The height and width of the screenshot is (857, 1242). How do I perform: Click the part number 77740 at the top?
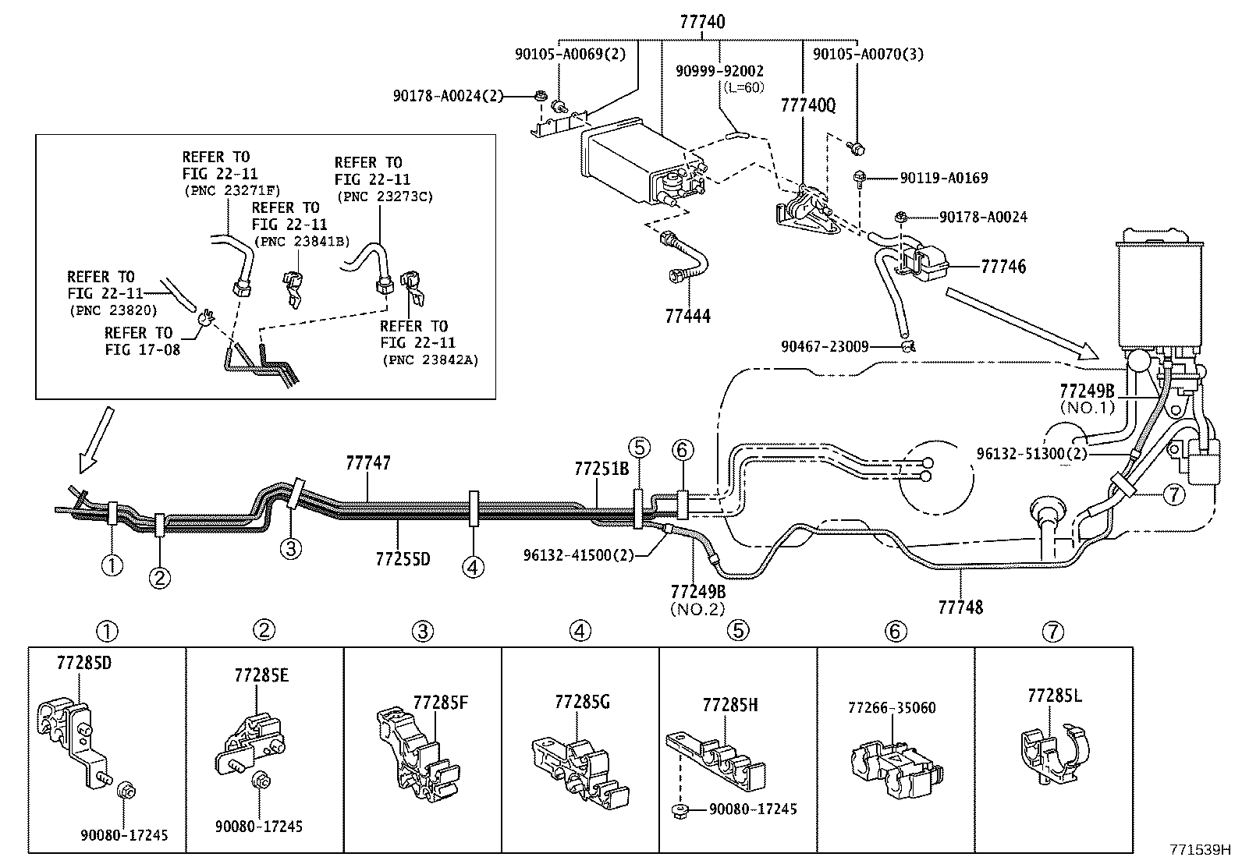coord(702,22)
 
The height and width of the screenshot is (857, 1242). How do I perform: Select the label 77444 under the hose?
coord(687,316)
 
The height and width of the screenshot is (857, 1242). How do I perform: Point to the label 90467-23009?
coord(825,346)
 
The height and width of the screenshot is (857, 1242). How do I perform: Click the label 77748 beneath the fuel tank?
coord(960,606)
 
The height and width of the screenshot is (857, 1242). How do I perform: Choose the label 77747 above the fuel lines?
coord(367,463)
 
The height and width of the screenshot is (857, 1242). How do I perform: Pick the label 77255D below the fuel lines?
coord(403,559)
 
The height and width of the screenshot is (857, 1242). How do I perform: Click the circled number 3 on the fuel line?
coord(290,549)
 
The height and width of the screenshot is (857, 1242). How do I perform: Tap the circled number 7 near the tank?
coord(1174,493)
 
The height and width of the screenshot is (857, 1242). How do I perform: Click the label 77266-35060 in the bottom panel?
coord(891,707)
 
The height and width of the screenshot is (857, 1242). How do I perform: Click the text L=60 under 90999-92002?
coord(744,87)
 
